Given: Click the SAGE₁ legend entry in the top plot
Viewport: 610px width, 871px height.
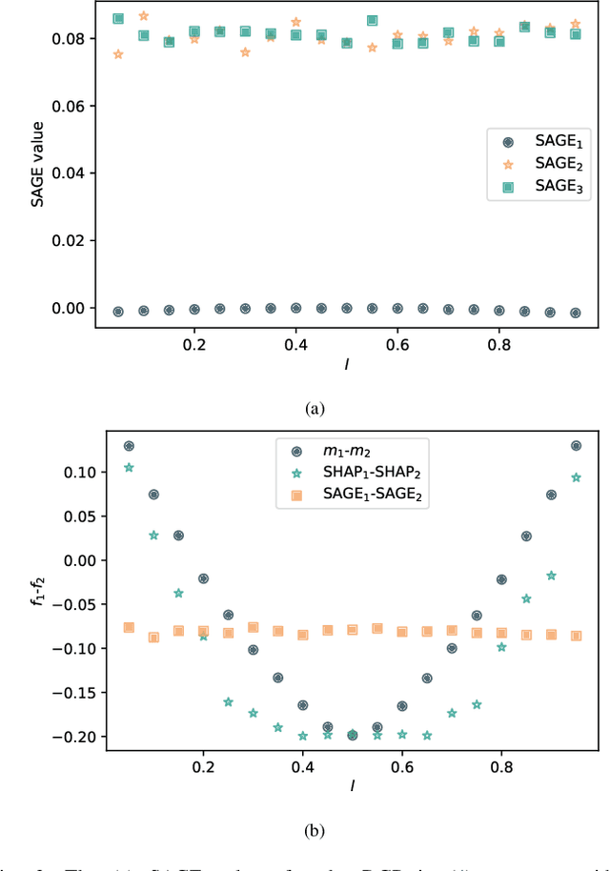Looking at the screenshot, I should tap(539, 141).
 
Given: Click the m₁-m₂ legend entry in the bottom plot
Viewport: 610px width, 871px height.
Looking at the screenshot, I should tap(353, 448).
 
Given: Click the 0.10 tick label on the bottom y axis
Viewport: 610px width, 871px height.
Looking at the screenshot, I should tap(72, 473).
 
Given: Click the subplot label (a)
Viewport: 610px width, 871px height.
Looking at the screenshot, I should tap(315, 408).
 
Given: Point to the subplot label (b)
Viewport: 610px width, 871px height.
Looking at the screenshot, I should tap(315, 829).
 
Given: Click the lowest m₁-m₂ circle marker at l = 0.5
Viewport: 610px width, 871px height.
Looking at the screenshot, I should tap(353, 735).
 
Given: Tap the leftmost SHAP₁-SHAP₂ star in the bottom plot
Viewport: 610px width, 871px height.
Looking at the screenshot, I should tap(129, 468).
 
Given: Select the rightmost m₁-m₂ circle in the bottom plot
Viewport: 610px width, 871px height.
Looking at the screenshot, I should tap(576, 445).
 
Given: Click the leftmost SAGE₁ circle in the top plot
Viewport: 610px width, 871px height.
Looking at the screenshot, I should tap(118, 312).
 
